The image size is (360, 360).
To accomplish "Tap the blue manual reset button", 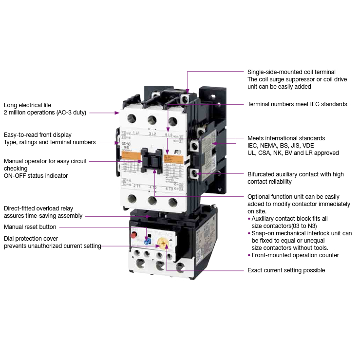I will click(148, 239).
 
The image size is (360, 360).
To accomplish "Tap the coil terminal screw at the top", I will click(186, 99).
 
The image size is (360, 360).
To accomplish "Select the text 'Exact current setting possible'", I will click(286, 270).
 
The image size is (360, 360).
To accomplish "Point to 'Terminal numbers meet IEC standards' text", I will click(297, 104).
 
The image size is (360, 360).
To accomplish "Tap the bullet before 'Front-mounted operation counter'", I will click(249, 255).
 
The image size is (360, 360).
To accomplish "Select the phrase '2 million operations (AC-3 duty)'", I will click(45, 113).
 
